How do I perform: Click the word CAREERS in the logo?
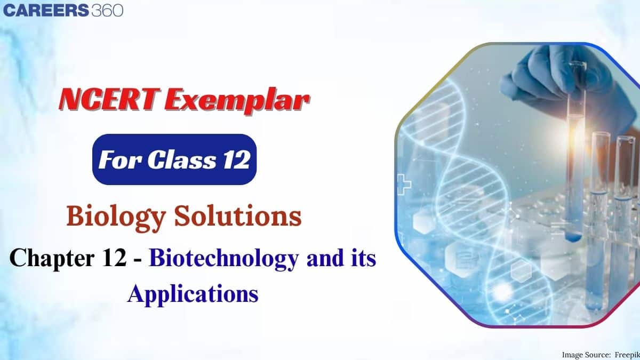(x=46, y=11)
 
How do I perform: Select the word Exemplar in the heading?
(x=237, y=101)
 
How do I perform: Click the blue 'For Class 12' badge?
(x=174, y=159)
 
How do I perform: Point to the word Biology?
(x=116, y=217)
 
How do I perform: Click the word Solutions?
(x=238, y=215)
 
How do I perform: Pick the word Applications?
(x=193, y=294)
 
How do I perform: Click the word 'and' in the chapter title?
(x=325, y=258)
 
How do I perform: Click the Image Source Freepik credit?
(x=601, y=355)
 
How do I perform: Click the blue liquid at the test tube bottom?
(x=573, y=237)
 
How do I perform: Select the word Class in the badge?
(x=182, y=159)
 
